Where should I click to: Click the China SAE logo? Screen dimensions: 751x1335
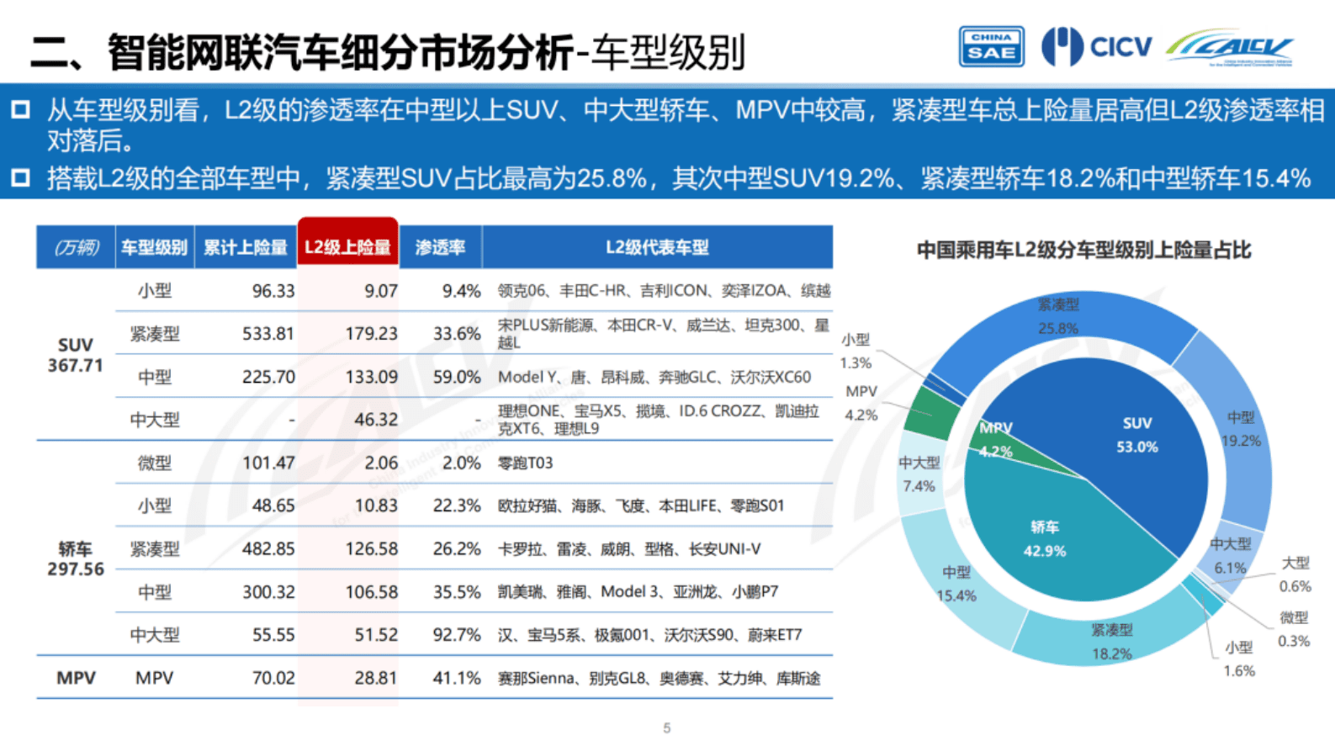tap(991, 46)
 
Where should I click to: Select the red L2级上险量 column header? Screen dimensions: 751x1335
tap(347, 247)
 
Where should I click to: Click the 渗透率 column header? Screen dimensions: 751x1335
tap(440, 247)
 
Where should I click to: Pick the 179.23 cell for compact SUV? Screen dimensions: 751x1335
tap(371, 334)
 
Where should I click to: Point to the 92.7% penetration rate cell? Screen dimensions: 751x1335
tap(457, 635)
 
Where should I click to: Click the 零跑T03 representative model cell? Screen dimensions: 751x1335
tap(525, 463)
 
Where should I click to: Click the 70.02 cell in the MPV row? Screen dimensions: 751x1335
tap(273, 678)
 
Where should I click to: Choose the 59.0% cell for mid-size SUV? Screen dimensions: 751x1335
tap(457, 377)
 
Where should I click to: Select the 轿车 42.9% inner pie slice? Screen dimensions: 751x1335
tap(1044, 539)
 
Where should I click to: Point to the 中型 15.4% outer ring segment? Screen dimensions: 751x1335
tap(956, 584)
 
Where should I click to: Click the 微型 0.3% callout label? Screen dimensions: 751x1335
tap(1294, 629)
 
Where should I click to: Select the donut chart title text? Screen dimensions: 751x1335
tap(1083, 250)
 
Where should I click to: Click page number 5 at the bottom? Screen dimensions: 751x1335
tap(667, 728)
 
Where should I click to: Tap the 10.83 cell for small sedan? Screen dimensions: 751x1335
tap(375, 506)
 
